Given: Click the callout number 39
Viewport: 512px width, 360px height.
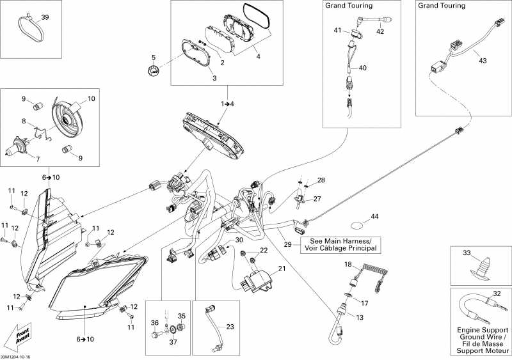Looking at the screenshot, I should click(44, 17).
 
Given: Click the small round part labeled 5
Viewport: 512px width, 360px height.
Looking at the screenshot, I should click(152, 71).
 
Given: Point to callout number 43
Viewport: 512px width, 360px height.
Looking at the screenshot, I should click(482, 61).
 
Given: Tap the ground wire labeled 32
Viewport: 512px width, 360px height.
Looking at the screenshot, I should click(476, 310).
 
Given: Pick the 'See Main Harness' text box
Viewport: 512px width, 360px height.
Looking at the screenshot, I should click(339, 244).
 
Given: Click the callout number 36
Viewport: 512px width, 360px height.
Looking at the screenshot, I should click(154, 323).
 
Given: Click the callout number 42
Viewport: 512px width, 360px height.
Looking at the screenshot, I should click(380, 31).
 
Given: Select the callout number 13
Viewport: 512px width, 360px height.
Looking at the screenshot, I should click(358, 317).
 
